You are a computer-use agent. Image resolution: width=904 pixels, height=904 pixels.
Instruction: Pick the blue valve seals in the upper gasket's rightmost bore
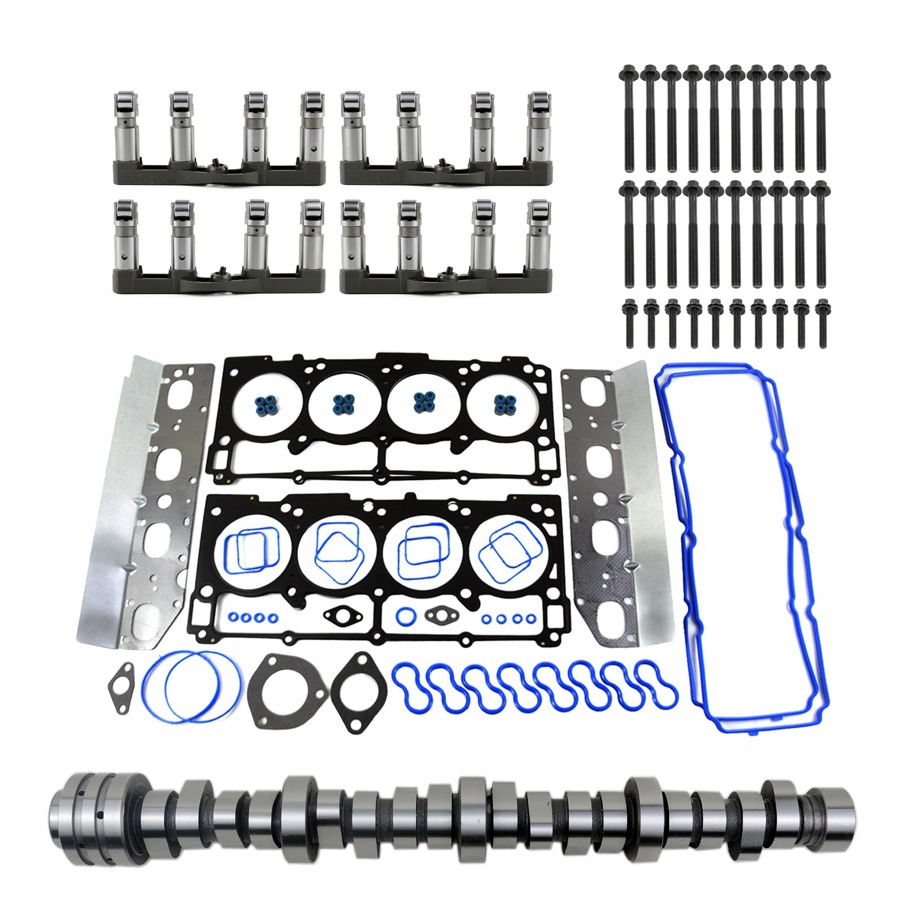tap(503, 403)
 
